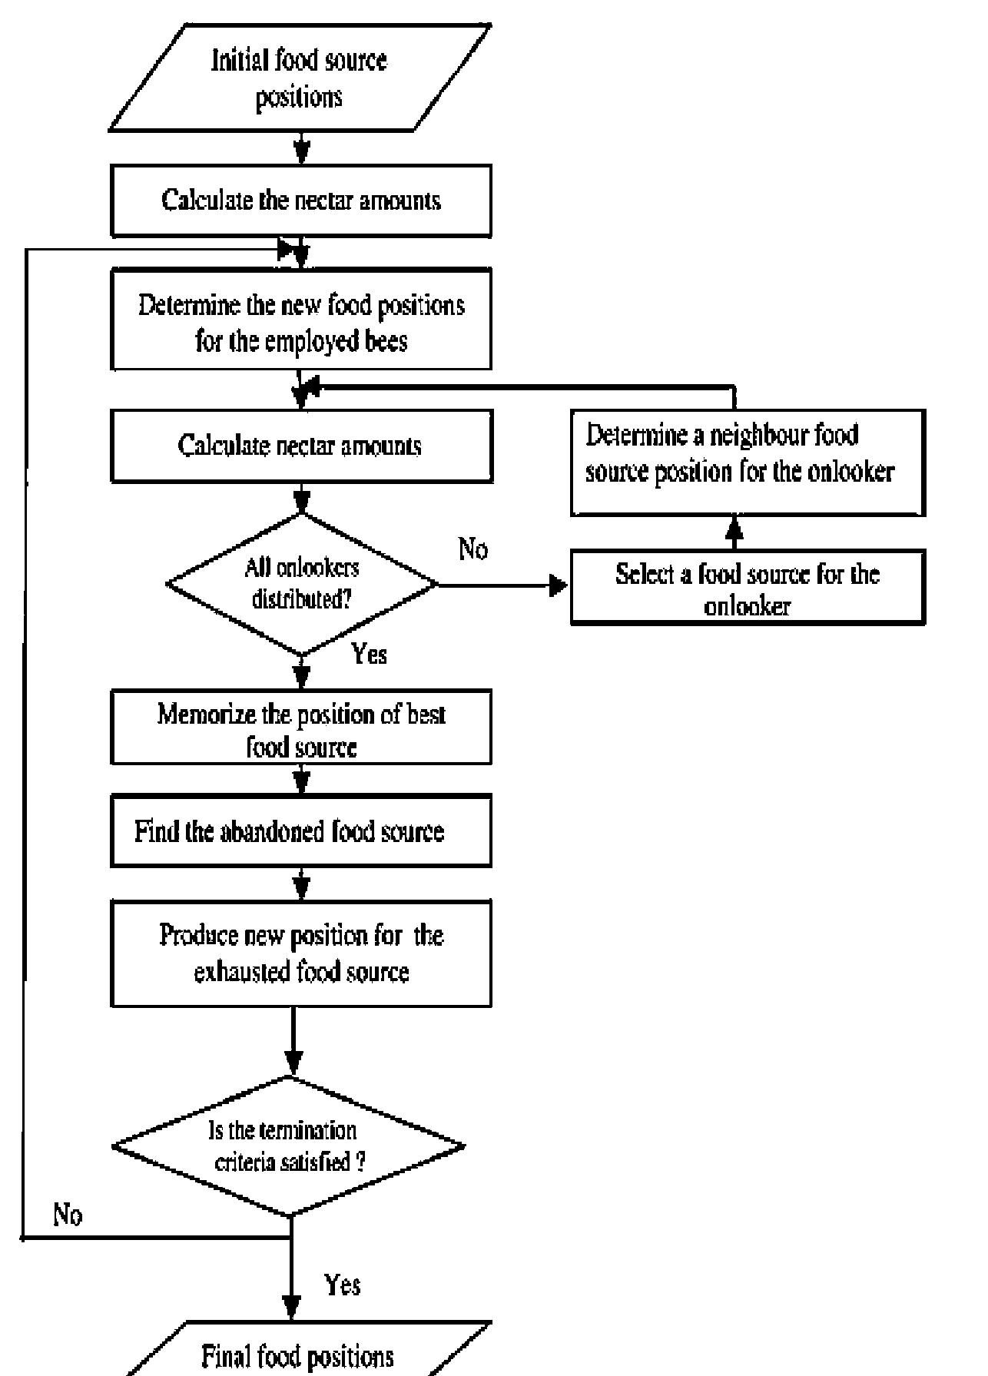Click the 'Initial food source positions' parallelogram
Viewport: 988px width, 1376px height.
300,78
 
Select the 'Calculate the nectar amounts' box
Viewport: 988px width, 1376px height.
301,201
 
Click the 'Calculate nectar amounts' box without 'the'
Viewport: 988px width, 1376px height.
301,446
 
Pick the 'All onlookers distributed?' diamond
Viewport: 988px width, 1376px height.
302,584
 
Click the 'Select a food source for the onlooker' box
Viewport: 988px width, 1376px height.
747,589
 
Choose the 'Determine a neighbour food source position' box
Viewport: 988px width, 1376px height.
747,462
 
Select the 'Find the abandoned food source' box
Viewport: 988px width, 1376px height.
301,832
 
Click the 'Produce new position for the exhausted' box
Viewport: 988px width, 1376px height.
301,953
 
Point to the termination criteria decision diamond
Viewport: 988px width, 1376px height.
288,1146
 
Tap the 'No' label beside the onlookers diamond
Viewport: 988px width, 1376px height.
473,549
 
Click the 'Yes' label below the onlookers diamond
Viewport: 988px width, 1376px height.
369,654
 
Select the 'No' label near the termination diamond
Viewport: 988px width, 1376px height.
68,1215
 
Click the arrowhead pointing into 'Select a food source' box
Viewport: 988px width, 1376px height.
559,587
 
